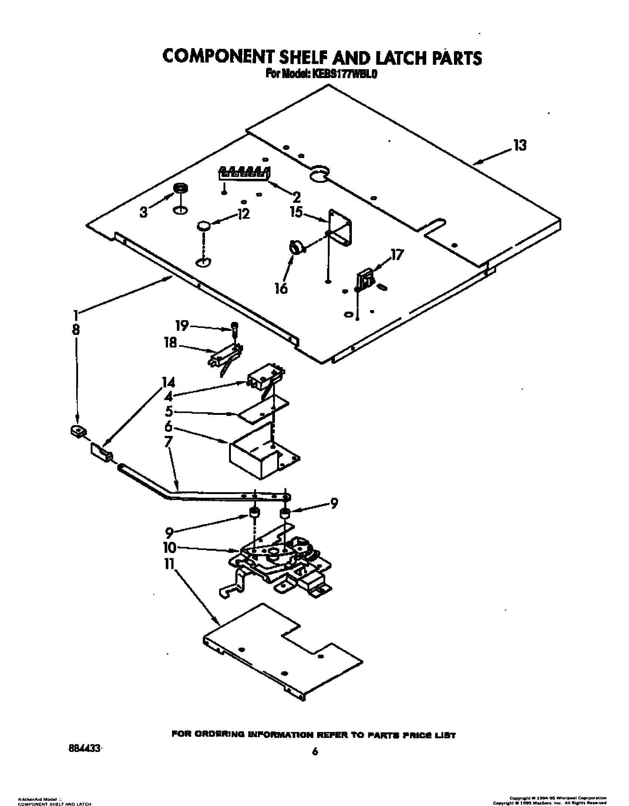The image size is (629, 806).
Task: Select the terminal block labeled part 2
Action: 245,174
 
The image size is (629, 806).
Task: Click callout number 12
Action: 243,215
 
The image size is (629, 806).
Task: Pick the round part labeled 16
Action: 297,247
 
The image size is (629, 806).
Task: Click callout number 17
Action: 397,255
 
